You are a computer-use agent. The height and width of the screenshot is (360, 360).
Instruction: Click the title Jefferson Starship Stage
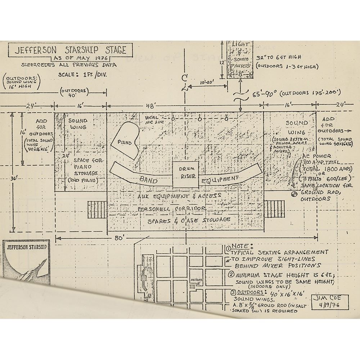click(71, 50)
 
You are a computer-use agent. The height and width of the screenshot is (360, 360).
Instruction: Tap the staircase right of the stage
click(275, 208)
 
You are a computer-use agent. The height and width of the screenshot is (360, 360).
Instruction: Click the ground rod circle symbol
click(294, 194)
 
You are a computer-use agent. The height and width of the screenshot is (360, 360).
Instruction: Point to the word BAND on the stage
click(148, 180)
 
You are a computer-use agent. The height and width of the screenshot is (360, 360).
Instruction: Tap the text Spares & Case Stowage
click(189, 220)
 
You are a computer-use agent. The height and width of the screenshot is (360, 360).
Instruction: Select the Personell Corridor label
click(171, 208)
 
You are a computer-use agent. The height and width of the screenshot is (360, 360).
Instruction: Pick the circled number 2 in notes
click(231, 275)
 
